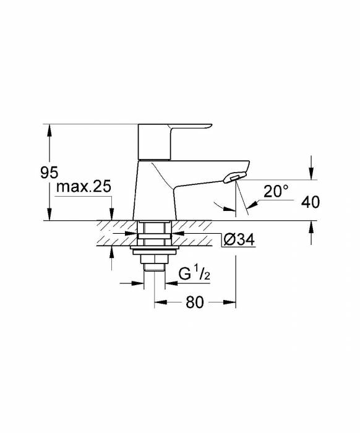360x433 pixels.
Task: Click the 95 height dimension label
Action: point(49,173)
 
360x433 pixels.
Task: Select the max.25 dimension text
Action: point(84,187)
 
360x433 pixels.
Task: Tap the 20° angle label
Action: point(276,191)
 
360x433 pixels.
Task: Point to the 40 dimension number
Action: point(311,202)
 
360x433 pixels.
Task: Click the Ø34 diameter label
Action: point(239,239)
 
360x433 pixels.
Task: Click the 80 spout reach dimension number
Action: point(195,302)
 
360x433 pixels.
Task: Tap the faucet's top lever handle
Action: point(174,142)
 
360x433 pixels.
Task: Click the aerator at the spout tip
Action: point(234,177)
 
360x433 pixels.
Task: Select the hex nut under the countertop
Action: point(154,259)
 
